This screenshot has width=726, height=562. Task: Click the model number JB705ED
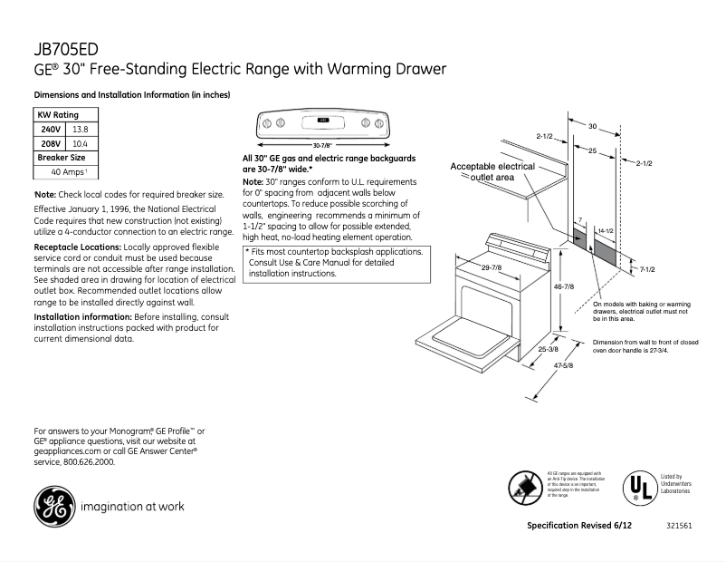61,49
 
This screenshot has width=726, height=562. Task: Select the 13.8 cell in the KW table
79,130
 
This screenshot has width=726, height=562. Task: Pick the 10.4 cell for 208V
79,143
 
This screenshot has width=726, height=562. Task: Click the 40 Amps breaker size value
67,171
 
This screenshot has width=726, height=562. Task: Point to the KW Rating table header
57,115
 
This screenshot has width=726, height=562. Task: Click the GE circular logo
54,505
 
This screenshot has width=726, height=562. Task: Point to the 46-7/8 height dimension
564,286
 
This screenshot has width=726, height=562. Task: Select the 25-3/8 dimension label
548,348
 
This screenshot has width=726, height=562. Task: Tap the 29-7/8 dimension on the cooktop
492,267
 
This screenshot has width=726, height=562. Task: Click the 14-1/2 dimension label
606,233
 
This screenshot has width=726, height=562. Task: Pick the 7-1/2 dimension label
646,269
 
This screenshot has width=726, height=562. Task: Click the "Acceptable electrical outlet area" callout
493,172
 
